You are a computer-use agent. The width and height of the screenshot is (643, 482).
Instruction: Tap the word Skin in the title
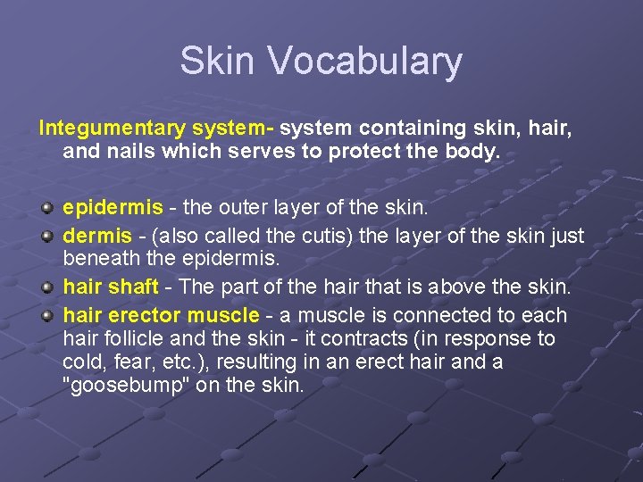tap(216, 61)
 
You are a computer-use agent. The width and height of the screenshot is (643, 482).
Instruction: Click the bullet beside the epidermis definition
tap(46, 208)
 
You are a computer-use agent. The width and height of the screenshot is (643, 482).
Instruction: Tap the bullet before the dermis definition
tap(46, 237)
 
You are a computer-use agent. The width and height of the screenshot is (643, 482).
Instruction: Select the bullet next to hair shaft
tap(46, 287)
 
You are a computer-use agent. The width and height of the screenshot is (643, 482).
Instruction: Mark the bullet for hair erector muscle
tap(46, 315)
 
